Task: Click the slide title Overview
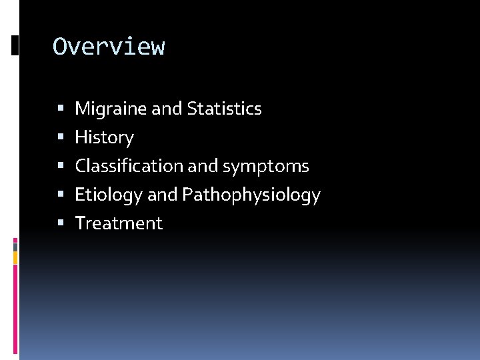(x=109, y=47)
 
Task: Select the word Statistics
(x=225, y=109)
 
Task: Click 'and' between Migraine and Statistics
(x=167, y=109)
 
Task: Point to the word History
(x=104, y=138)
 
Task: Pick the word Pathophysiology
(x=251, y=195)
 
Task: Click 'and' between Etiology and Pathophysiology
(x=163, y=195)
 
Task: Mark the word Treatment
(x=119, y=223)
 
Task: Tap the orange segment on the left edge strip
(x=15, y=257)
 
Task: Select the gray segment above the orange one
(x=15, y=246)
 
